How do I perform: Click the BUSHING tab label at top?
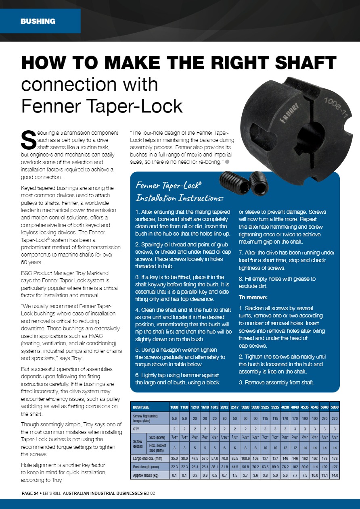[x=38, y=21]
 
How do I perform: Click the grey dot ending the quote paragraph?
[x=228, y=162]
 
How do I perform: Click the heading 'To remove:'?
[x=253, y=297]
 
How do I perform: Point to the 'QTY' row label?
[x=138, y=428]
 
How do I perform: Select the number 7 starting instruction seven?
[x=241, y=252]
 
